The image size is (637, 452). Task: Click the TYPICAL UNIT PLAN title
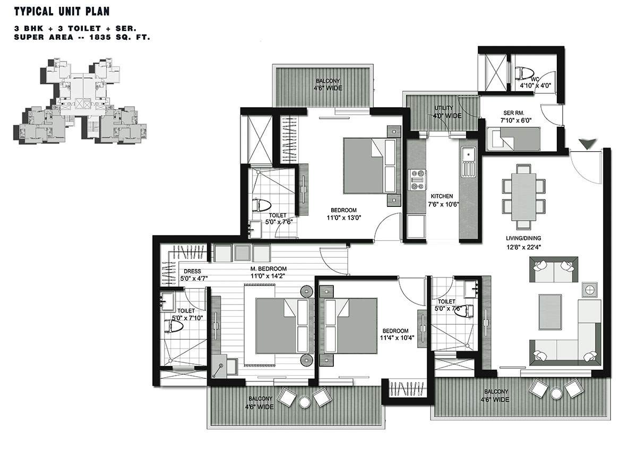click(x=62, y=12)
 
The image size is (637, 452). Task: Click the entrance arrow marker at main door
click(x=588, y=144)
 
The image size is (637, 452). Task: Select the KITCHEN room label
click(x=442, y=196)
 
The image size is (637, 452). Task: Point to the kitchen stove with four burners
click(x=417, y=180)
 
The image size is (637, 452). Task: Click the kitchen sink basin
click(x=468, y=155)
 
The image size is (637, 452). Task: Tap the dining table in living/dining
click(x=523, y=197)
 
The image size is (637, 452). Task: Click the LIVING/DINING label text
click(x=523, y=238)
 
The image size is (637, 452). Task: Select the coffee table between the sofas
click(x=550, y=311)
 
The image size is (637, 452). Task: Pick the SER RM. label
click(x=514, y=113)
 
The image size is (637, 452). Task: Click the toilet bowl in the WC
click(x=523, y=73)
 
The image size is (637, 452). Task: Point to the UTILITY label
click(x=444, y=108)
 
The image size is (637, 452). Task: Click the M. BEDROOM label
click(x=268, y=268)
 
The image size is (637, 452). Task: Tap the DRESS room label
click(x=192, y=271)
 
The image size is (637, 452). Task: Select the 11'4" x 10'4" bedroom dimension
click(x=397, y=338)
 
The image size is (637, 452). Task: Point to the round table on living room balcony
click(x=556, y=394)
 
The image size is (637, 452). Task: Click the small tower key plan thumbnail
click(x=80, y=101)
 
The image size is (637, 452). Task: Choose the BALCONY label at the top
click(x=328, y=81)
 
